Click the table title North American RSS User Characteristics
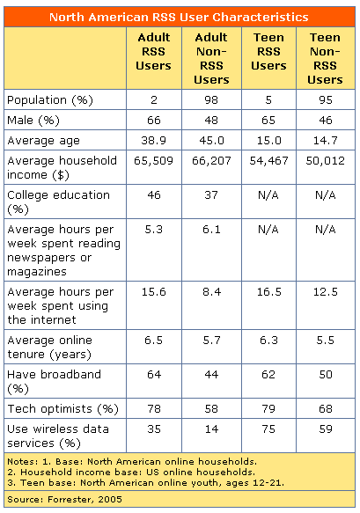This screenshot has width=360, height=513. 179,17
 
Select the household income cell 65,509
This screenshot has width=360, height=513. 153,162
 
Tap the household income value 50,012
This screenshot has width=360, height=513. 326,162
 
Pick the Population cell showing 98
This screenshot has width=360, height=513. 210,98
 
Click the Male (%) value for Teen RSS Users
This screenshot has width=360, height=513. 268,118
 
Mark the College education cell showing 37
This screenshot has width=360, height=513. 210,194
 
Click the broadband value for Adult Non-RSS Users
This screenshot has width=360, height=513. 210,374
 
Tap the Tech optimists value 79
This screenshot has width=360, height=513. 268,409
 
